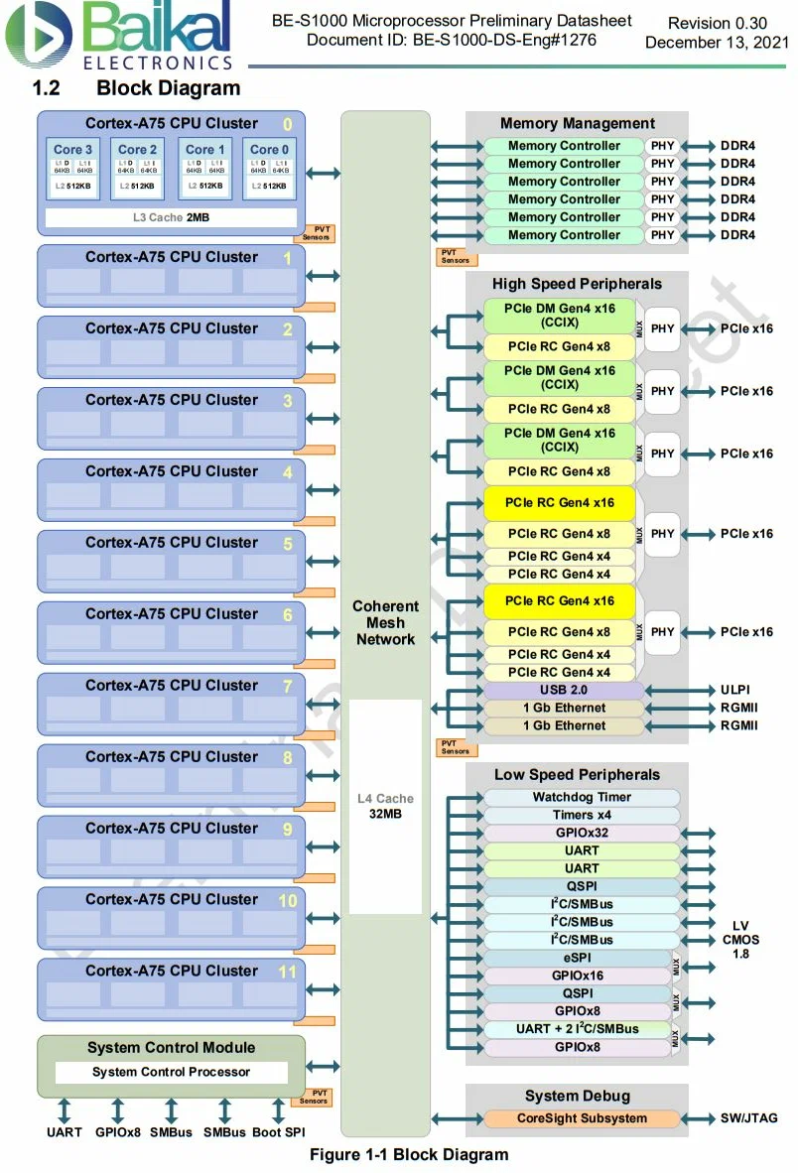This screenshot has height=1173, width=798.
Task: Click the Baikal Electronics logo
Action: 119,36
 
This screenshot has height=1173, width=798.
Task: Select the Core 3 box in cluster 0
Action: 72,170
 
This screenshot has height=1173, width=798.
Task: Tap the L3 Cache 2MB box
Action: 171,217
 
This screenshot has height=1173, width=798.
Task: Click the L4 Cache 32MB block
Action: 385,806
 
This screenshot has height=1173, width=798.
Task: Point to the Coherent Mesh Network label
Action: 385,622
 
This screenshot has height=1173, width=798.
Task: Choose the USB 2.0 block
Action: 563,690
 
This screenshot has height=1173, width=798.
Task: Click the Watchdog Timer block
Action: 581,798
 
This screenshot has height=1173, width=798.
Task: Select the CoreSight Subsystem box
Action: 581,1118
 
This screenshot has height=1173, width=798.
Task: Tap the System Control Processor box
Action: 171,1072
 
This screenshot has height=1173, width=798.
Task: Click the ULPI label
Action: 737,690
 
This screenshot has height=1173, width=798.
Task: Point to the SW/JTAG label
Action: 749,1118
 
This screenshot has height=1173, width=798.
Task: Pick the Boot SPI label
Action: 279,1132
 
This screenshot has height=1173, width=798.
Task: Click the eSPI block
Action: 576,958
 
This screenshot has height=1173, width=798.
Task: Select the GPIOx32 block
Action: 581,834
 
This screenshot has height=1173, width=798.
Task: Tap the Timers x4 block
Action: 581,816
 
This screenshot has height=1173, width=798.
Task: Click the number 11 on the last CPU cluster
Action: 287,972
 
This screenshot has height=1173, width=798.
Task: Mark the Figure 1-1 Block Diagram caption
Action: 409,1154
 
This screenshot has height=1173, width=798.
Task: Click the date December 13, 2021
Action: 717,43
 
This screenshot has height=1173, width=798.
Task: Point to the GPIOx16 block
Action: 576,976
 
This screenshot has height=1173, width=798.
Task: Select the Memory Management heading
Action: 577,124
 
